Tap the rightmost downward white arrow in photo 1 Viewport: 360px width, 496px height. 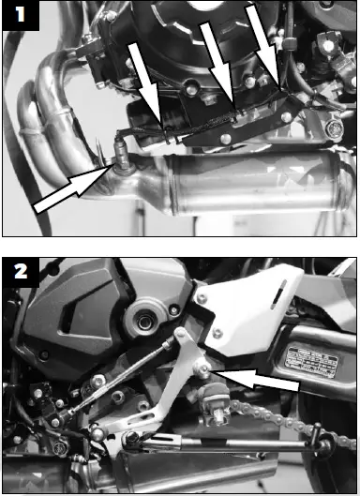click(266, 42)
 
